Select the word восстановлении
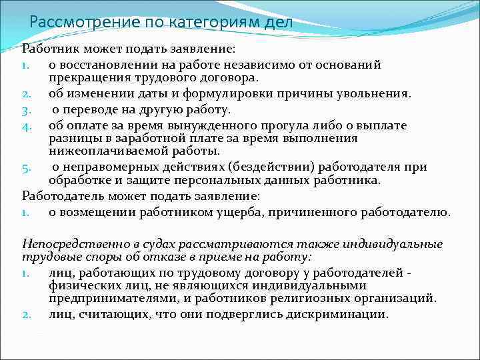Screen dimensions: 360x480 pos(107,65)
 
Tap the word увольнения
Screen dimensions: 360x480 pos(375,94)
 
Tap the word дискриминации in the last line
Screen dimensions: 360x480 pos(332,314)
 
